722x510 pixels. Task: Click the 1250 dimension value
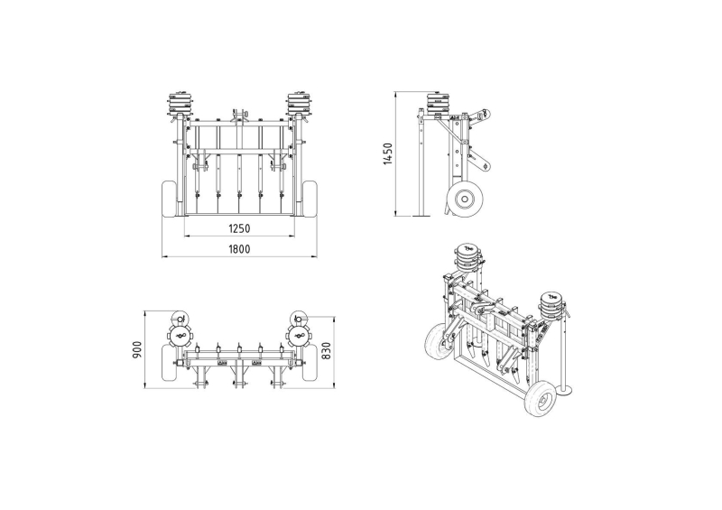[x=239, y=228]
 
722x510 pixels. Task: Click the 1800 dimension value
[x=239, y=249]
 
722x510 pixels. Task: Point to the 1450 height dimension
[x=388, y=153]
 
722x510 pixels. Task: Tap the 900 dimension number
[x=137, y=350]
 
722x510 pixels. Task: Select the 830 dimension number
[x=327, y=351]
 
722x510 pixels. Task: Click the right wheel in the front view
[x=310, y=199]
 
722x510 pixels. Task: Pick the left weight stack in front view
[x=180, y=104]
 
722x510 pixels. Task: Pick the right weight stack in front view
[x=299, y=104]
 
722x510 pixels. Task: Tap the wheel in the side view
[x=464, y=199]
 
